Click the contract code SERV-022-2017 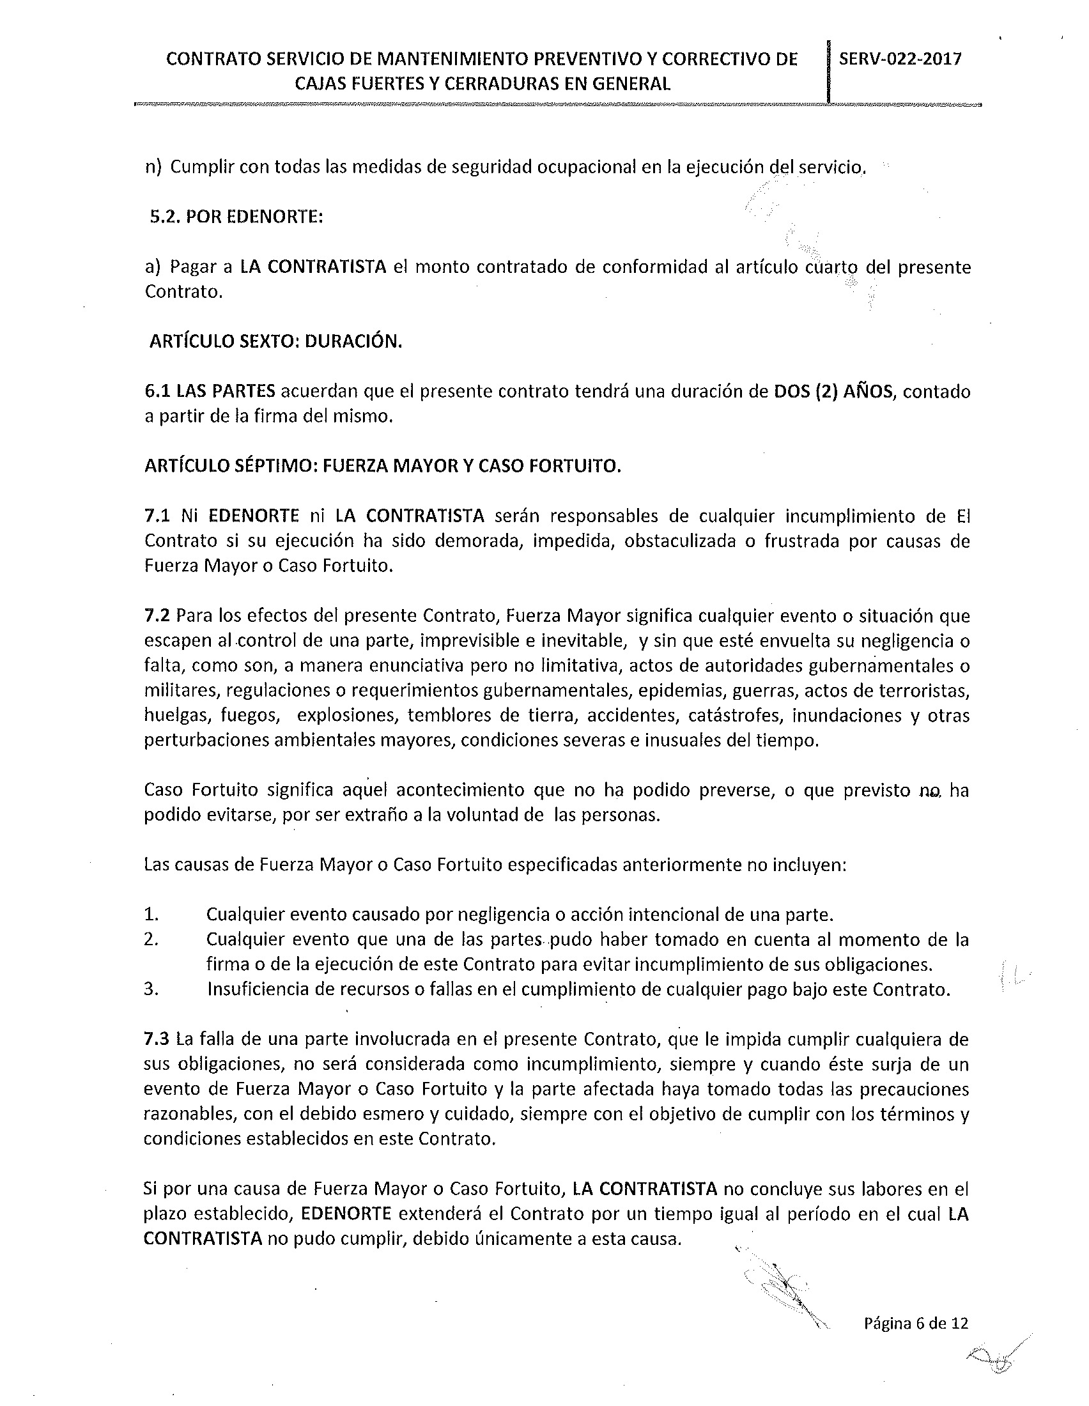(x=900, y=59)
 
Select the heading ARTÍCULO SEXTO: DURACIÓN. (x=275, y=341)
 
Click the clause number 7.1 (x=157, y=516)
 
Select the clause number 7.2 (x=157, y=616)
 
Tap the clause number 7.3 (x=157, y=1039)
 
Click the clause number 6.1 (x=157, y=391)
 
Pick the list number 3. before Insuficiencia (x=151, y=989)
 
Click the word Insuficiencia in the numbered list (x=257, y=989)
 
